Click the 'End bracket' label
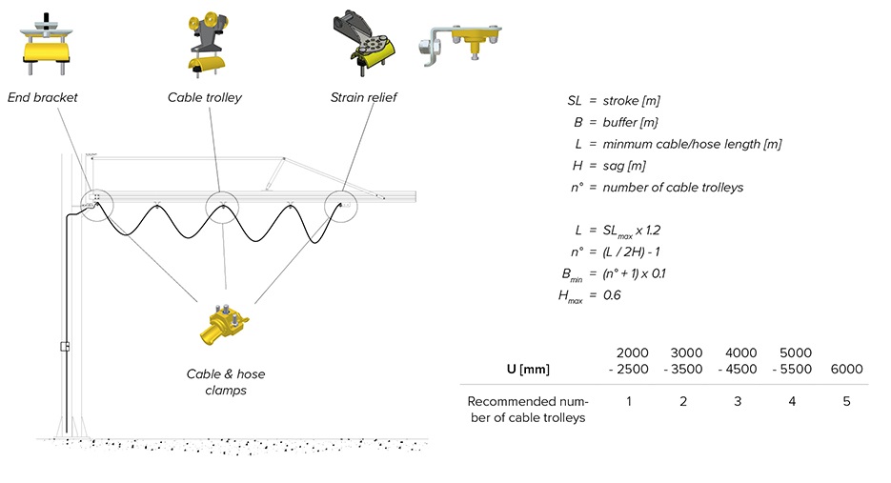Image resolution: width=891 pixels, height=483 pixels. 42,97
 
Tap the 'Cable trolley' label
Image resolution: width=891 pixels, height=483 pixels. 205,97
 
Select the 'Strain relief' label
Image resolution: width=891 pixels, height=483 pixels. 363,97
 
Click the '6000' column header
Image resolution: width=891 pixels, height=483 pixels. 846,369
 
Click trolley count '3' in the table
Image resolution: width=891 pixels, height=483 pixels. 739,401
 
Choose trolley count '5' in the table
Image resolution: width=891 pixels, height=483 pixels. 846,401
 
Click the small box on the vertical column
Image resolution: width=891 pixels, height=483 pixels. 65,346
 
